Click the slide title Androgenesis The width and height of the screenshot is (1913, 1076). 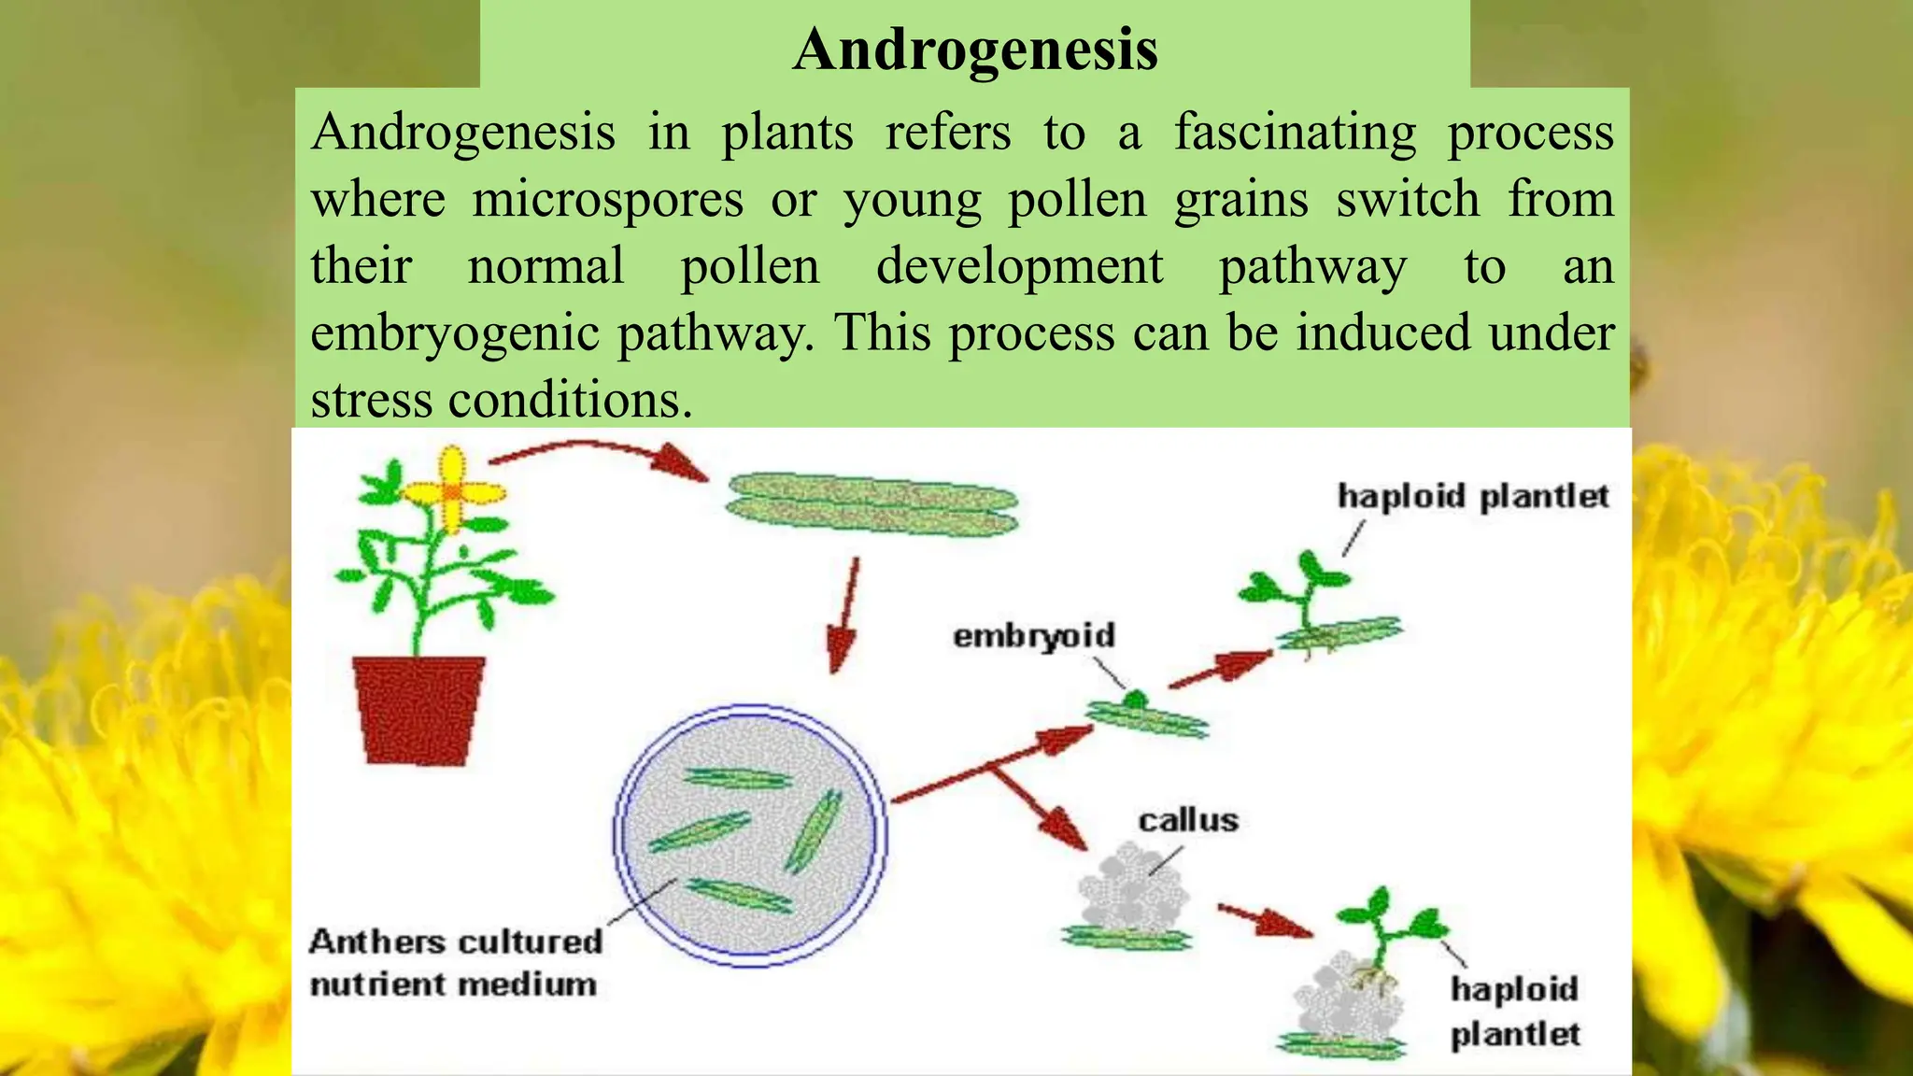[x=975, y=49]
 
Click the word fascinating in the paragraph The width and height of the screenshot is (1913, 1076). [x=1295, y=133]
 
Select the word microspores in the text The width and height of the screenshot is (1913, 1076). [x=607, y=200]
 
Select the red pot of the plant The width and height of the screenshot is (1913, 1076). [x=419, y=709]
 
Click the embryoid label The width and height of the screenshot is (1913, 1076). [x=1034, y=636]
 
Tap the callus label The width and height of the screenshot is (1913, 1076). [x=1187, y=821]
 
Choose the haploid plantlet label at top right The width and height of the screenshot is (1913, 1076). [x=1473, y=496]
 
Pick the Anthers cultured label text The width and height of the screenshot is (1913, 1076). [x=456, y=941]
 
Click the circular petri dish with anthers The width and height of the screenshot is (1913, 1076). [x=750, y=835]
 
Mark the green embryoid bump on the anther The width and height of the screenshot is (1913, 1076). [x=1135, y=699]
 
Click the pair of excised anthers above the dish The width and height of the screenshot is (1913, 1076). [x=871, y=504]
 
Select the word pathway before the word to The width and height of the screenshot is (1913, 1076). [x=1312, y=267]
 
